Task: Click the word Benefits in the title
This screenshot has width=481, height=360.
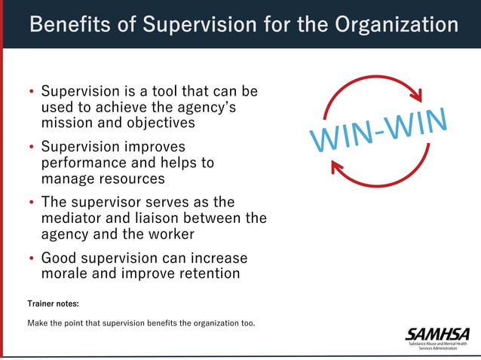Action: [67, 24]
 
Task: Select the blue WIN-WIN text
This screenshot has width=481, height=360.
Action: [379, 130]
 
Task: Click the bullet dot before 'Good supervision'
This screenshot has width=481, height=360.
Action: [32, 258]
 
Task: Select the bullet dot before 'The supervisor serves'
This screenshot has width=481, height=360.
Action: [32, 203]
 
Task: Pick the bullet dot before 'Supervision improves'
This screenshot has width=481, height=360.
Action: [32, 148]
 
